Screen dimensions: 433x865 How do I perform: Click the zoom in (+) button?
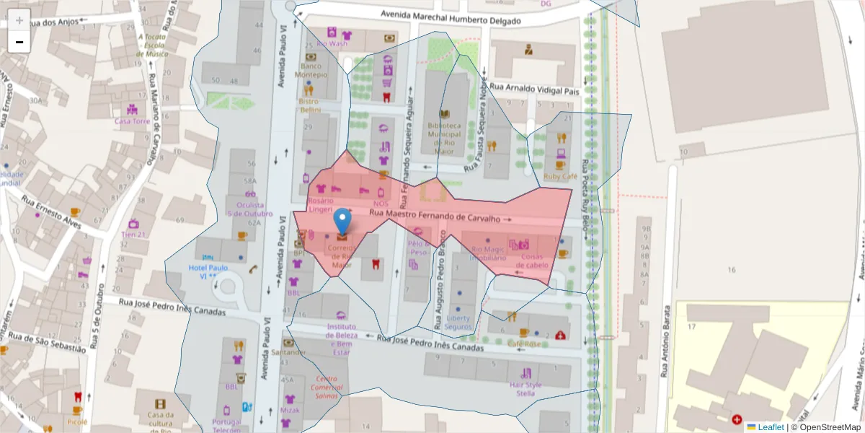coord(19,21)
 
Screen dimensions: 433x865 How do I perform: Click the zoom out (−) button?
coord(19,43)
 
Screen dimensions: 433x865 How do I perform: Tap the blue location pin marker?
coord(343,221)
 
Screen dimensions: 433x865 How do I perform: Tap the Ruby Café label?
coord(561,176)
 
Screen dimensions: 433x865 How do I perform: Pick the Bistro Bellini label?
coord(309,105)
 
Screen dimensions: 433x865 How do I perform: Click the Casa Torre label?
coord(133,121)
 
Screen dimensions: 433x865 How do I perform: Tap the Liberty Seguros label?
coord(458,322)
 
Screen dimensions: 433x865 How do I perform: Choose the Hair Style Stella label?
coord(525,388)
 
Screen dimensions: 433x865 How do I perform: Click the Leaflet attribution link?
coord(771,427)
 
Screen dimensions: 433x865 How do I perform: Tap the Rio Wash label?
coord(332,44)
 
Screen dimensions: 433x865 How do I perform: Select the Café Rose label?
coord(524,344)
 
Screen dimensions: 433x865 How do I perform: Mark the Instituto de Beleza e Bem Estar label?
coord(341,339)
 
